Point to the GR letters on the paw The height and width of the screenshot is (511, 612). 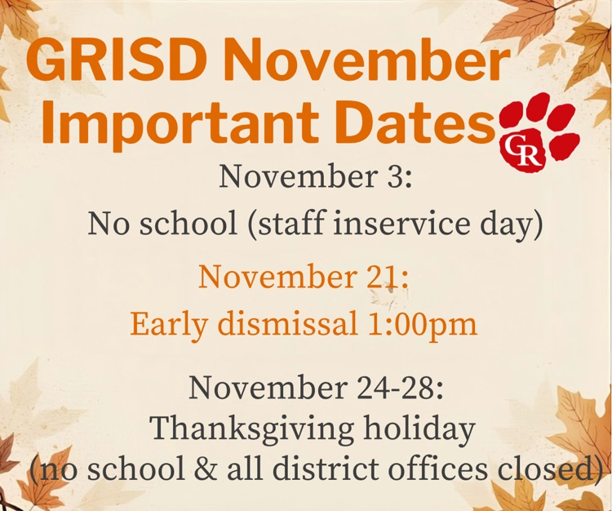click(x=523, y=152)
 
